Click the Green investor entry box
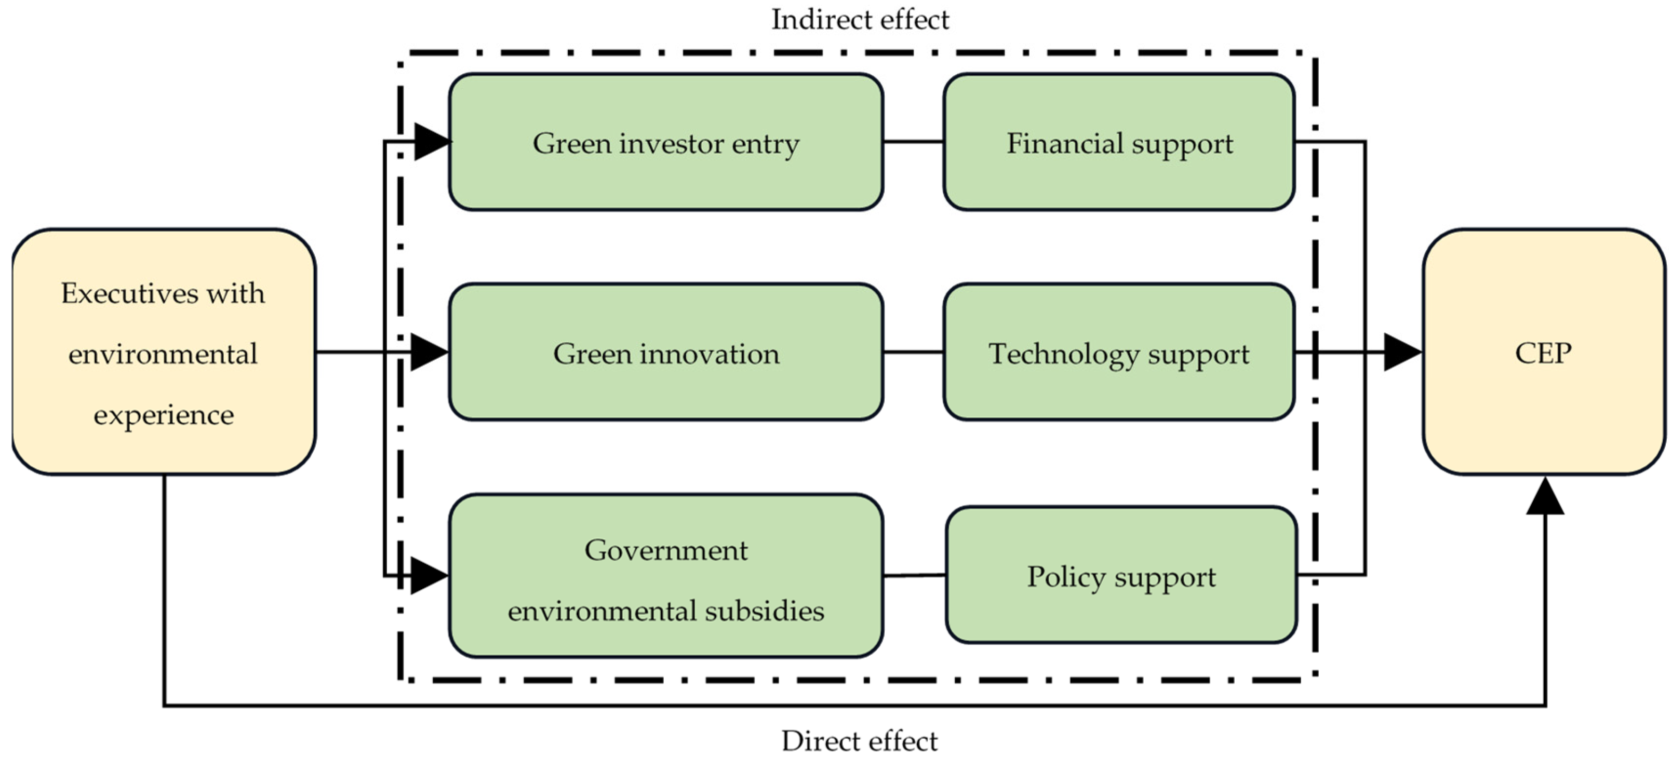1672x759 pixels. (666, 143)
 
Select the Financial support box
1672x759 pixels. (1119, 143)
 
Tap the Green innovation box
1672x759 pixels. (666, 353)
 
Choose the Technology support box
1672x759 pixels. (1119, 353)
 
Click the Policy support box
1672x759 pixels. (1121, 576)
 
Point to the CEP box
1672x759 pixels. (1544, 353)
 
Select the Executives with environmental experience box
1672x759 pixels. (164, 353)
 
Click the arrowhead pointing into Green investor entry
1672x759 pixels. (431, 141)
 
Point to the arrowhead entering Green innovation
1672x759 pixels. (429, 353)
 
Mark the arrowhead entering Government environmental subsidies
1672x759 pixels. (429, 575)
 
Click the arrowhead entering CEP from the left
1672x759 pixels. (1402, 353)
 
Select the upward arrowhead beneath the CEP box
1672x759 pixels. (1545, 497)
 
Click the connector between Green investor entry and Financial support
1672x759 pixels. (913, 141)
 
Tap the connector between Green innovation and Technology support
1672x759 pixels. (913, 353)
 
